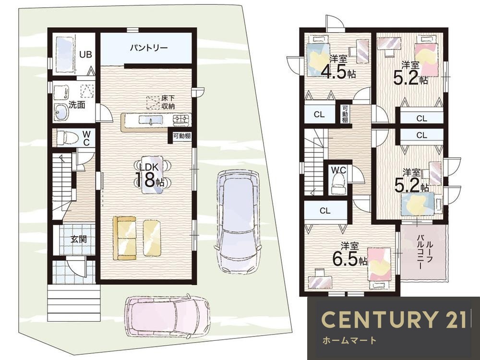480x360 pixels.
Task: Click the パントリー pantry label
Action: (x=149, y=48)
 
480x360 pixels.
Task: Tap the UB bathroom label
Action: (x=85, y=55)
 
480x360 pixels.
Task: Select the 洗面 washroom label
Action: (x=76, y=105)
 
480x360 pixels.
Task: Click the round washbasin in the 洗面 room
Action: (x=61, y=112)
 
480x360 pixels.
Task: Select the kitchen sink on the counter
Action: (x=151, y=120)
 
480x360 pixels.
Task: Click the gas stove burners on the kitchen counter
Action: (x=182, y=120)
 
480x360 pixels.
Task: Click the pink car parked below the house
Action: (x=167, y=316)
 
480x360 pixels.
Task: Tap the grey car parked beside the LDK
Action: (x=238, y=221)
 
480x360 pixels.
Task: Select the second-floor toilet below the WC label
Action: (x=338, y=184)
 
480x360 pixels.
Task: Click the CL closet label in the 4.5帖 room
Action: (x=319, y=115)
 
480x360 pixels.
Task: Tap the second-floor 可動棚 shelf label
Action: (x=345, y=114)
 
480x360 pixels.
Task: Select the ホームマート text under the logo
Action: (x=349, y=340)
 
